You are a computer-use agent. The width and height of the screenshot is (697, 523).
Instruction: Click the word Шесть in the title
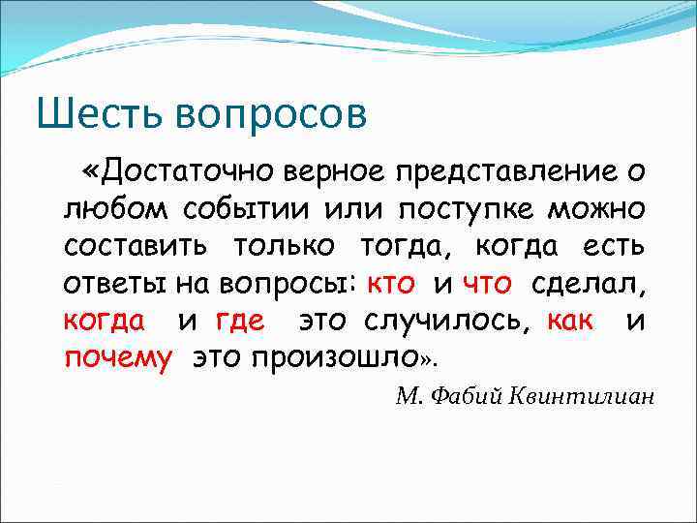[x=94, y=114]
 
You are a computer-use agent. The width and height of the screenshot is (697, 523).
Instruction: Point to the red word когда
[x=105, y=320]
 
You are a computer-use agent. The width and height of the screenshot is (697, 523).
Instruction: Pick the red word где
[x=239, y=321]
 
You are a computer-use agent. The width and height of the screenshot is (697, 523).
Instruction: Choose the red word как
[x=570, y=320]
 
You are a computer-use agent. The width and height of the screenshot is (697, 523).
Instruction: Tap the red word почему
[x=118, y=357]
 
